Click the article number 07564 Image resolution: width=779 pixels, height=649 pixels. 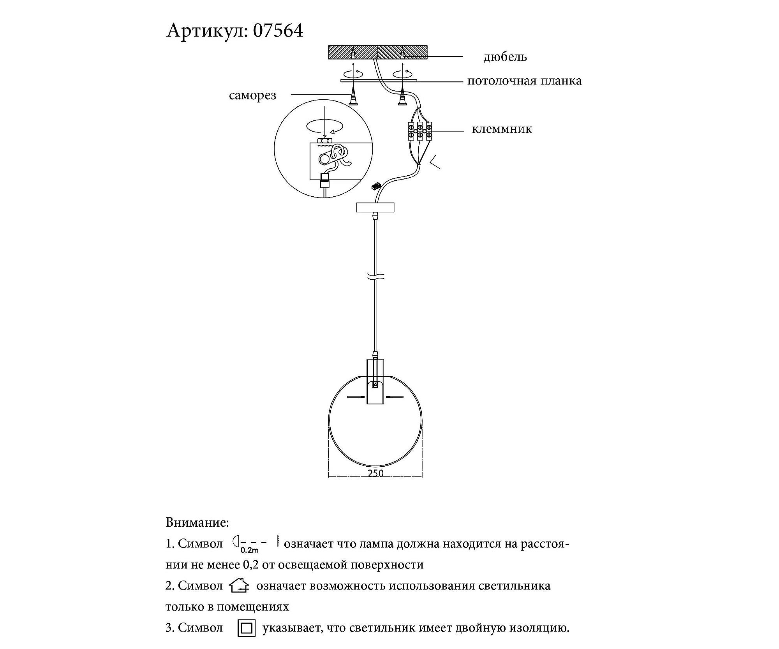click(x=278, y=30)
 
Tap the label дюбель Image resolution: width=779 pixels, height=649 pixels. click(x=505, y=57)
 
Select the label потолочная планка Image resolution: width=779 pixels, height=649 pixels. click(x=524, y=81)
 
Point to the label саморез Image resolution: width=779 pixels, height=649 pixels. click(x=252, y=95)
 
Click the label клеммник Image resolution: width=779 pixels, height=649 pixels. click(x=502, y=129)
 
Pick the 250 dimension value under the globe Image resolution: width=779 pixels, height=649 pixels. click(x=375, y=473)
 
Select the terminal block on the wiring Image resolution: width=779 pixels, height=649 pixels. click(x=419, y=131)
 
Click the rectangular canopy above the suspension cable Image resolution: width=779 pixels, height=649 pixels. click(x=375, y=207)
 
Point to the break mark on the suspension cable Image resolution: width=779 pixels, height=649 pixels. click(x=375, y=277)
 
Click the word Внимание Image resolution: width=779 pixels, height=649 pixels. click(x=197, y=522)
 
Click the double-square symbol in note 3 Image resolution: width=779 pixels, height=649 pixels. click(x=247, y=628)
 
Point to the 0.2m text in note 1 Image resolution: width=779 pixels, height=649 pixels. click(x=249, y=550)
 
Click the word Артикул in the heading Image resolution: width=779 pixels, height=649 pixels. click(x=207, y=30)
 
